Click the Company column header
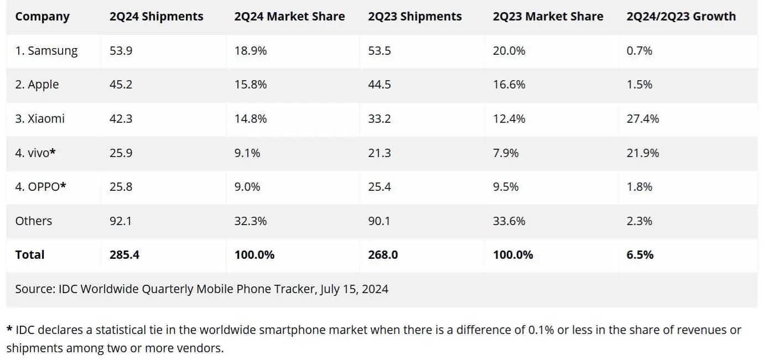[x=42, y=17]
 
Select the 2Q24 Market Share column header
[x=289, y=17]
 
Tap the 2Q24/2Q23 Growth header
[x=681, y=17]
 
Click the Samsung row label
[x=46, y=51]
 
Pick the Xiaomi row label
[x=40, y=119]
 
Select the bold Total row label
[x=30, y=255]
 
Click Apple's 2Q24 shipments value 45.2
[x=121, y=85]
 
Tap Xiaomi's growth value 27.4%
[x=642, y=119]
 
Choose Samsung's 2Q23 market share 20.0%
[x=509, y=51]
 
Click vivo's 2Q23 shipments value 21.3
[x=379, y=153]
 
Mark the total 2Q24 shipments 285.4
[x=124, y=255]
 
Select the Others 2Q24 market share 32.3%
[x=250, y=221]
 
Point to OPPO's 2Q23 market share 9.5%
[x=506, y=187]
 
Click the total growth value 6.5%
[x=640, y=255]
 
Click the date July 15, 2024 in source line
[x=354, y=289]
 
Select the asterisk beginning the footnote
[x=9, y=330]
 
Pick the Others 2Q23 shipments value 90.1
[x=379, y=221]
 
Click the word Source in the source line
[x=34, y=289]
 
